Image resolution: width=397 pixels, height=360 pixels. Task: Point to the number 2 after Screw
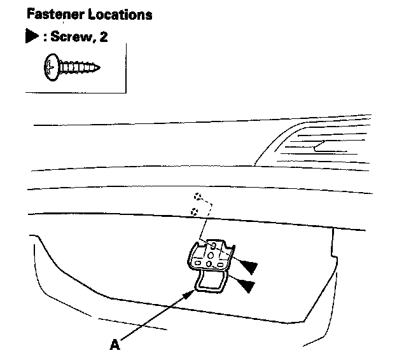click(x=102, y=37)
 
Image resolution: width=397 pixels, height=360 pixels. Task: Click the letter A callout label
click(x=115, y=344)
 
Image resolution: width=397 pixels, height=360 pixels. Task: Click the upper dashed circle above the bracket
click(x=198, y=197)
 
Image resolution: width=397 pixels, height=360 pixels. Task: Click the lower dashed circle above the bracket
click(x=197, y=211)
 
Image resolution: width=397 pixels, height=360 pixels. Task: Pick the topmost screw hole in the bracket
click(x=214, y=245)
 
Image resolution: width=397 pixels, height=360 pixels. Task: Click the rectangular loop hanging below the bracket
click(x=211, y=282)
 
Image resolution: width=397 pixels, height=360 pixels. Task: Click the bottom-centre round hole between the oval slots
click(x=209, y=263)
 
